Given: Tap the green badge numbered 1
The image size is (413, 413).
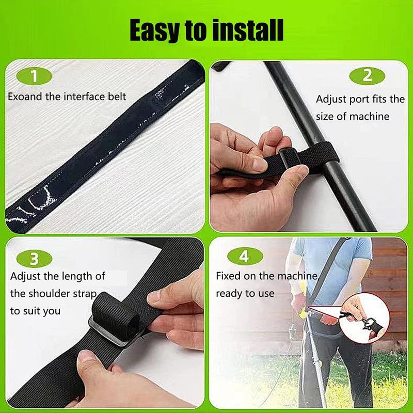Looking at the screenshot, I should coord(35,77).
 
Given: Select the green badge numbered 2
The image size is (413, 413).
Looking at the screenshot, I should coord(367,76).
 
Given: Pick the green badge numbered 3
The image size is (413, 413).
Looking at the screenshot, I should coord(35,258).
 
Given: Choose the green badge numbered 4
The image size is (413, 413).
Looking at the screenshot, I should coord(244,257).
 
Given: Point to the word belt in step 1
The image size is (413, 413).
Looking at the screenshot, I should coord(115,97).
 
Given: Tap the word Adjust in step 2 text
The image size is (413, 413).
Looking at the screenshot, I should coord(330,99).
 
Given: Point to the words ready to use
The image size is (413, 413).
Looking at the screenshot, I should coord(245,293).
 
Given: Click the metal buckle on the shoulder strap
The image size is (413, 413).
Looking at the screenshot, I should coord(111,330).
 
